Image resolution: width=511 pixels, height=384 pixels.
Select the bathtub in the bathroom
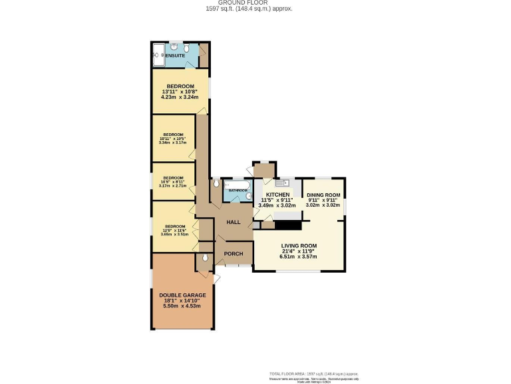point(236,185)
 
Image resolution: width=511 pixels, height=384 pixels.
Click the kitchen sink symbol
point(279,183)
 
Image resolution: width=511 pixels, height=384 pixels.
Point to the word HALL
point(233,222)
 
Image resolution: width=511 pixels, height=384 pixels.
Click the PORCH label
point(234,253)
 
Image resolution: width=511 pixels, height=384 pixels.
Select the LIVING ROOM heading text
point(299,245)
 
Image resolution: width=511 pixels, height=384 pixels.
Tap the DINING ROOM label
point(323,195)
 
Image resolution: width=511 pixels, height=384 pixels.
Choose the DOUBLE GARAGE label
point(182,295)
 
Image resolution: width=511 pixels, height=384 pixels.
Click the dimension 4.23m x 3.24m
point(180,97)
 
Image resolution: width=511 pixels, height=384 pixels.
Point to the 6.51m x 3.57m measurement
point(299,257)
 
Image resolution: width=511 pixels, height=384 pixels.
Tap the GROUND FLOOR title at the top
point(255,3)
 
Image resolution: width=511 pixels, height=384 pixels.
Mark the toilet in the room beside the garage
point(205,258)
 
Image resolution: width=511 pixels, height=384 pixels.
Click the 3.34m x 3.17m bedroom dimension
point(173,143)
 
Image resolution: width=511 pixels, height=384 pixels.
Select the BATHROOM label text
point(238,191)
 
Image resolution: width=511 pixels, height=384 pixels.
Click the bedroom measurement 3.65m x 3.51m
point(174,235)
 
